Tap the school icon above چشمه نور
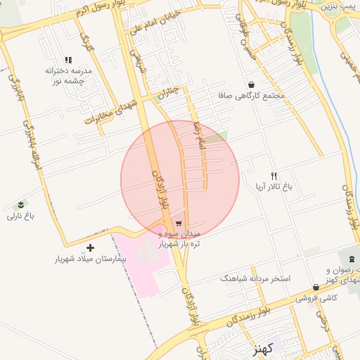[68, 60]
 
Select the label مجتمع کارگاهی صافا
[259, 95]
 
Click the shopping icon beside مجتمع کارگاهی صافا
[231, 84]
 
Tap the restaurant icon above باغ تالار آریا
[274, 176]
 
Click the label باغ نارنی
[20, 216]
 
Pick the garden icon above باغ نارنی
[22, 205]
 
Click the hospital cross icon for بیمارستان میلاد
[90, 247]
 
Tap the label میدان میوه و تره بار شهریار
[179, 238]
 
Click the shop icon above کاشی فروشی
[316, 287]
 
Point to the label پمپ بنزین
[338, 6]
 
